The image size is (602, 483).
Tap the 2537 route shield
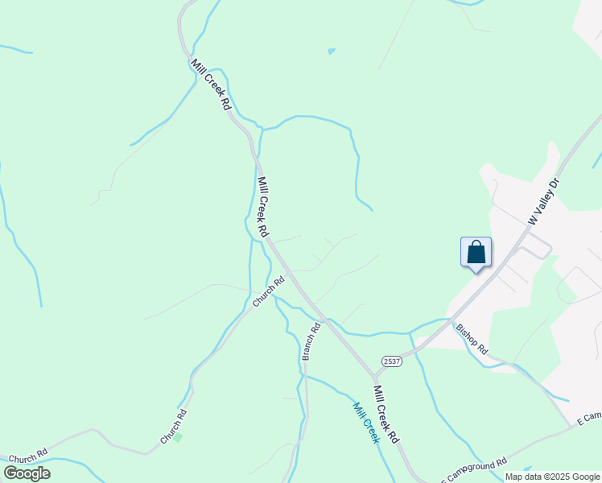[x=391, y=361]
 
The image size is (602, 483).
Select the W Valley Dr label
[x=542, y=201]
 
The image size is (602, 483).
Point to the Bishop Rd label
[x=472, y=339]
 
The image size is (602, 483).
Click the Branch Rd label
[x=311, y=341]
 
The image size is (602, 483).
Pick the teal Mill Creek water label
[x=365, y=423]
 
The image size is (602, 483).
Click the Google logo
[x=27, y=473]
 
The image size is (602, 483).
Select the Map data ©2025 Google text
[x=553, y=477]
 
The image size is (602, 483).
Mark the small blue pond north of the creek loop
[x=331, y=52]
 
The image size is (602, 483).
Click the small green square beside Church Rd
[x=178, y=437]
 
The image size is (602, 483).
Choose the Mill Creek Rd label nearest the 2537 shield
[x=386, y=414]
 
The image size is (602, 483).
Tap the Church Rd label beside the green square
[x=173, y=427]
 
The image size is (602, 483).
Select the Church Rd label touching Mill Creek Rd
[x=269, y=291]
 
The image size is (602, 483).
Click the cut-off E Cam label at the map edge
[x=589, y=417]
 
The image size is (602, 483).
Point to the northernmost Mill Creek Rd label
[x=211, y=84]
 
